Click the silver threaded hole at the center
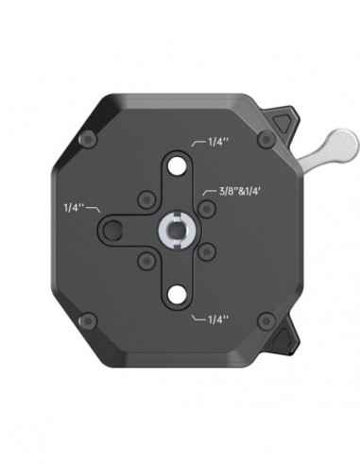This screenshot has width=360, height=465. [178, 227]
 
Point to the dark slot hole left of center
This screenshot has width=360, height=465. [115, 227]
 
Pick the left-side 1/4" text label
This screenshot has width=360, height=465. [73, 204]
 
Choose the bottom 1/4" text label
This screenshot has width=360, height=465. [216, 319]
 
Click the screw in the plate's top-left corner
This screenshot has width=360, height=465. [90, 141]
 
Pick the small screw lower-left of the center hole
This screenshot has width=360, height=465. [146, 258]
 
